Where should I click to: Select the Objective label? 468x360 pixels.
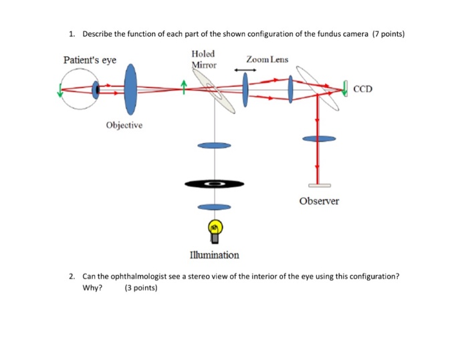(123, 126)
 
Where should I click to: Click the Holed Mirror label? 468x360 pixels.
(203, 59)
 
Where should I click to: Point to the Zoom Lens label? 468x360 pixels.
(267, 59)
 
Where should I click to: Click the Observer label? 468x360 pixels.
(319, 200)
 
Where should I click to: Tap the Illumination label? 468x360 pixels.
(214, 254)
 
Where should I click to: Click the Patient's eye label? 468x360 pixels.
(90, 60)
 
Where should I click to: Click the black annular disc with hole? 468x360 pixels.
(214, 182)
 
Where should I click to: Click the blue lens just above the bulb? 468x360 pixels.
(214, 206)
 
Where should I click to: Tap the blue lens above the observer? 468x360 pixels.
(318, 138)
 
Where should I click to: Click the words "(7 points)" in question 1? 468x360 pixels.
(388, 33)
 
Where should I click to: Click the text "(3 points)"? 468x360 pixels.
(140, 289)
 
